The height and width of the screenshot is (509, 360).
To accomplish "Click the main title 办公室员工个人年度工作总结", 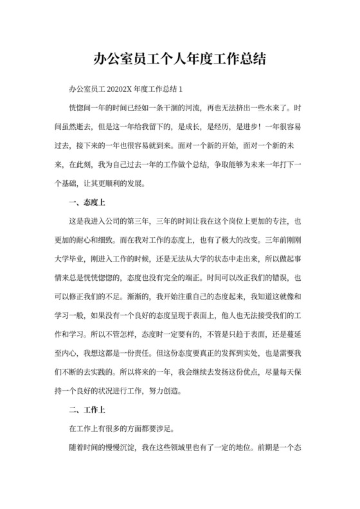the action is click(179, 60).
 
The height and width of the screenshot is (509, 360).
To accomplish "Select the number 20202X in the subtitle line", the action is click(118, 88).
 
